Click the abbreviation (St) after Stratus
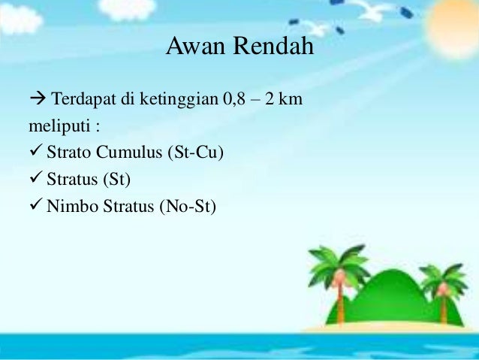[116, 180]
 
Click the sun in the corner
[453, 26]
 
